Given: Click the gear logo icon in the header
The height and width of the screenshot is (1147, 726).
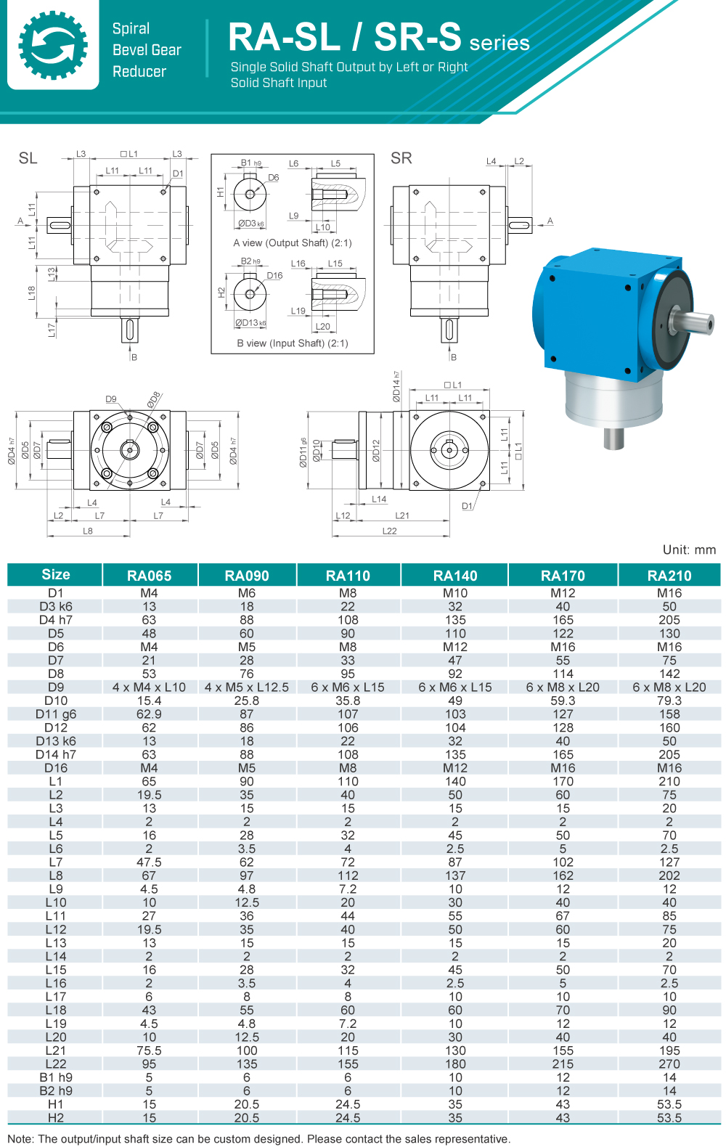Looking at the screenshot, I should point(53,45).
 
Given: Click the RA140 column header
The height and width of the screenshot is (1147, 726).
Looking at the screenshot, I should point(455,576).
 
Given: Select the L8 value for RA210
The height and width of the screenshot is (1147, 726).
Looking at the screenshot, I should point(669,875).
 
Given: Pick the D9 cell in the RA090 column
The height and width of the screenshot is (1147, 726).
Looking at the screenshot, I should point(247,687).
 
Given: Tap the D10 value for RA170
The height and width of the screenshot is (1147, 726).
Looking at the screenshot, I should point(563,701).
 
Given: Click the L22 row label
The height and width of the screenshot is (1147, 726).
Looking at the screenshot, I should point(56,1064).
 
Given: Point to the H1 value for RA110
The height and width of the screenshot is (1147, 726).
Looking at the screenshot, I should point(348,1104).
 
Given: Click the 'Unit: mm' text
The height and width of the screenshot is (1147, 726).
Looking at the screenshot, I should point(689,550).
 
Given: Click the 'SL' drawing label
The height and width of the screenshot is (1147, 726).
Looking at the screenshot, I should point(28,158).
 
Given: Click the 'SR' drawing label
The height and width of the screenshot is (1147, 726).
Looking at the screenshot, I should point(401,158).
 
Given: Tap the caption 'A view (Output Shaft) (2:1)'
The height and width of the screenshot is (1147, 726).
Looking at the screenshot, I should point(293,243).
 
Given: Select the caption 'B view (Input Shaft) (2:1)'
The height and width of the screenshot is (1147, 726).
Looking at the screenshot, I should point(293,343).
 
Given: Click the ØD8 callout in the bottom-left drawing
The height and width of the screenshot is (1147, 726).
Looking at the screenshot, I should point(154,399).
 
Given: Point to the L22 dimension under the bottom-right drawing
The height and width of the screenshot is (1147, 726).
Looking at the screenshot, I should point(390,531).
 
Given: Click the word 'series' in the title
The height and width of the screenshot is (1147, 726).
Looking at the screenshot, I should point(499,43).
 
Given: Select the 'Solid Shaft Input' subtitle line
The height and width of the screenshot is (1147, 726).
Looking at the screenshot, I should point(279,83).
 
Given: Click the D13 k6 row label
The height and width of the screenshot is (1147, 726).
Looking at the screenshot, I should point(56,741).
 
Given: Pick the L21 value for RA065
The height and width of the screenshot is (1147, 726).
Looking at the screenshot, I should point(149,1050).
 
